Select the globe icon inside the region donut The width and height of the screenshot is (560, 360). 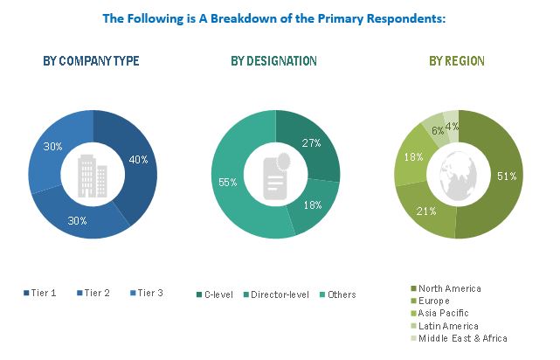click(x=457, y=175)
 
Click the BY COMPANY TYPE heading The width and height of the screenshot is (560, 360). click(x=91, y=61)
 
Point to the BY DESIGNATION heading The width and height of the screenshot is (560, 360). click(x=273, y=61)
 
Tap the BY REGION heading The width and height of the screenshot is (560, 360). click(x=457, y=61)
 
